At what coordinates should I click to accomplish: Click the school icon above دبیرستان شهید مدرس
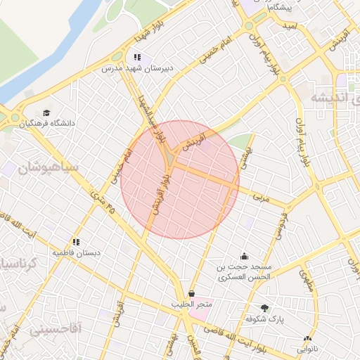tap(137, 57)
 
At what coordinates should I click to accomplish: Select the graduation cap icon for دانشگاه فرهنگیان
tap(46, 113)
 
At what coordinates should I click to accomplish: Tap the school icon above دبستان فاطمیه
tap(76, 242)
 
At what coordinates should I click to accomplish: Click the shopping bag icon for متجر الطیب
tap(192, 294)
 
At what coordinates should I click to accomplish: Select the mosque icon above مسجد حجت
tap(244, 256)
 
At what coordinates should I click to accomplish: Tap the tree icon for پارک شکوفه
tap(265, 308)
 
